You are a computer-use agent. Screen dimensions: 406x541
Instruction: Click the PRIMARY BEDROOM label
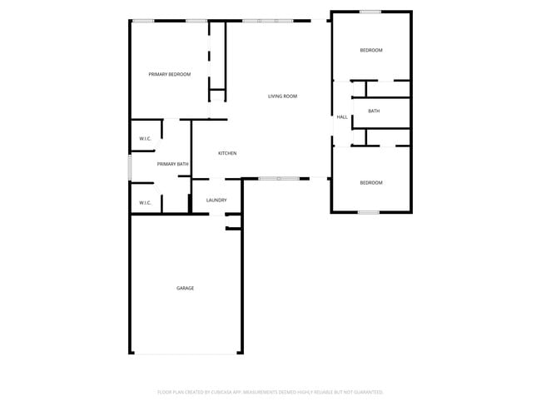[170, 75]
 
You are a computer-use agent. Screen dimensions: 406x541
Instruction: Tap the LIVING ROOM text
[282, 97]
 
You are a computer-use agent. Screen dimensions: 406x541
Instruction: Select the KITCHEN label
[227, 153]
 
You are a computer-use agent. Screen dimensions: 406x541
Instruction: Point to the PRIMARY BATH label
[172, 164]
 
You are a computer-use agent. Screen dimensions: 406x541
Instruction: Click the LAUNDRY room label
[216, 201]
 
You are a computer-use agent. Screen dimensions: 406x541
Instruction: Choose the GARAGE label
[185, 288]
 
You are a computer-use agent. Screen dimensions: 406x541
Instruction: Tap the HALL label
[342, 117]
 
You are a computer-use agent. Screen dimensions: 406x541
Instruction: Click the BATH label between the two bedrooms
[374, 111]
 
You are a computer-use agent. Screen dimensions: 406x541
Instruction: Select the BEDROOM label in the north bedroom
[371, 51]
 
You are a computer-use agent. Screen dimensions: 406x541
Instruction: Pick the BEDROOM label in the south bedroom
[371, 183]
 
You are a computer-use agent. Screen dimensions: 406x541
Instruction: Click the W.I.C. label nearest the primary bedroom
[145, 138]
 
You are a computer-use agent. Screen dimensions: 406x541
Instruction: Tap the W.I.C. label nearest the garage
[145, 202]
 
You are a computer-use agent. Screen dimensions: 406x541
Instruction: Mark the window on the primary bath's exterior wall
[130, 166]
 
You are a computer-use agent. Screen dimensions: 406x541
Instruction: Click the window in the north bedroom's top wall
[370, 12]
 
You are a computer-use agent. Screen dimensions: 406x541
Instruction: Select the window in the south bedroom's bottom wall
[369, 212]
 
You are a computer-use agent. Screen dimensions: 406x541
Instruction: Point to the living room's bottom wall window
[279, 178]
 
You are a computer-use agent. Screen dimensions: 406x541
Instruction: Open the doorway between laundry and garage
[216, 214]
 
